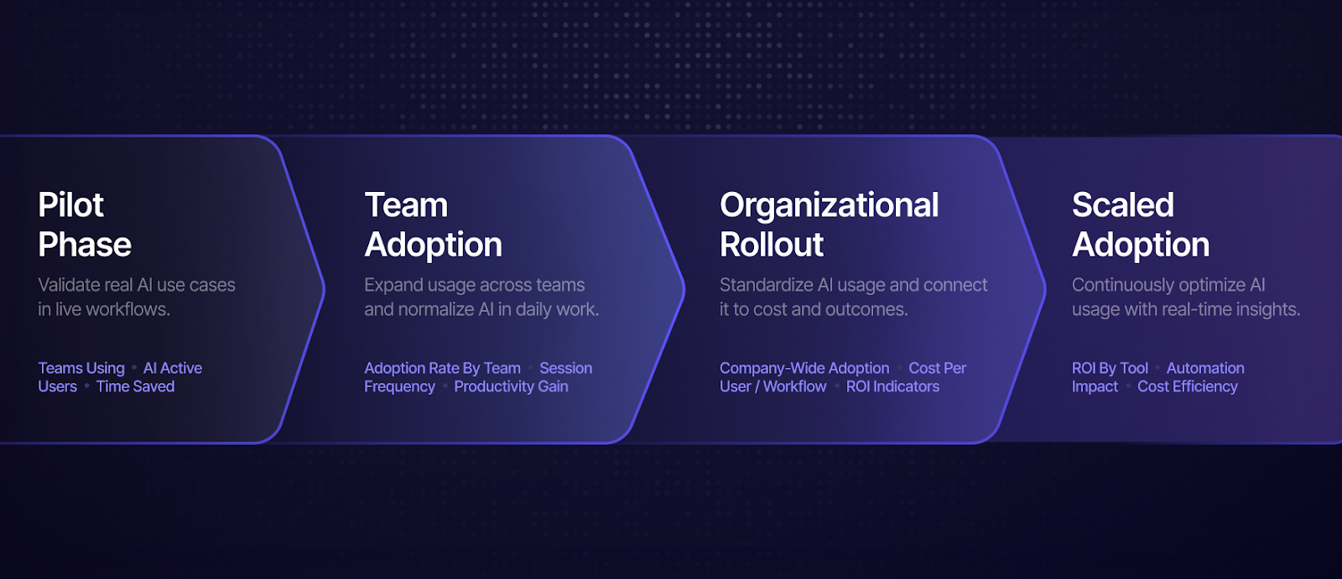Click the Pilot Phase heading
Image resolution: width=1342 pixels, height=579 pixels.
[x=85, y=225]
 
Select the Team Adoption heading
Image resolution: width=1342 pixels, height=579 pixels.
[x=433, y=225]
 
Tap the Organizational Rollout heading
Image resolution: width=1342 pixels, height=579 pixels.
[x=830, y=225]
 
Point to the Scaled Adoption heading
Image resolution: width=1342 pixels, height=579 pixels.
[x=1141, y=225]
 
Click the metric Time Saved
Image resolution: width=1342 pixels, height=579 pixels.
[x=135, y=387]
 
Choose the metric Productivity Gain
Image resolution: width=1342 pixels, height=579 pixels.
[x=511, y=387]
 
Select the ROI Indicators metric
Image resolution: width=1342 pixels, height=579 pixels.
[x=892, y=387]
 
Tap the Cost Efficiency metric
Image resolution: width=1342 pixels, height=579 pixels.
[x=1188, y=387]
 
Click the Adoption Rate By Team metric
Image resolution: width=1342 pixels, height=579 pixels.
[x=442, y=368]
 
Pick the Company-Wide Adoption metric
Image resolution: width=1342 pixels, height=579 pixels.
[x=804, y=368]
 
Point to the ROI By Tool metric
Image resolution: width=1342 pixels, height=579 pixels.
[x=1111, y=368]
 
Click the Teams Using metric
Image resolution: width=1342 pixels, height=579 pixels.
[x=81, y=368]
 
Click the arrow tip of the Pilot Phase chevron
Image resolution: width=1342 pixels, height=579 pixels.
[x=324, y=290]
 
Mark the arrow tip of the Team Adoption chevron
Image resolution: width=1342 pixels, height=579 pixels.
[x=684, y=290]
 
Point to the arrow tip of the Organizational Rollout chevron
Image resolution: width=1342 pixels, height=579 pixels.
[x=1045, y=290]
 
